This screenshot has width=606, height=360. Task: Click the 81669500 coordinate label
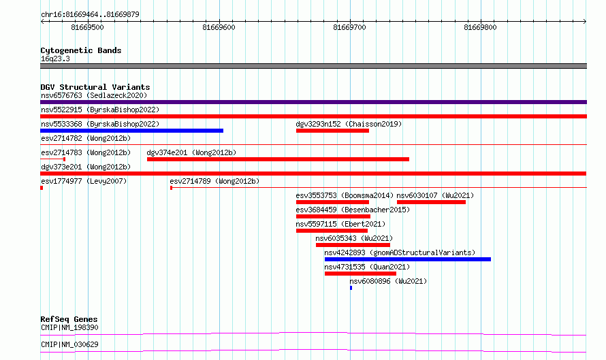pos(87,27)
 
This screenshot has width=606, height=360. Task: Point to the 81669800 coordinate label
pos(480,27)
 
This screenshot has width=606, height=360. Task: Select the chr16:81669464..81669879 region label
pos(90,15)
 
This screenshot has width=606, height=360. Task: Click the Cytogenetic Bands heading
pos(81,50)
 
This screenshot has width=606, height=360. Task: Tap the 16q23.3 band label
pos(55,59)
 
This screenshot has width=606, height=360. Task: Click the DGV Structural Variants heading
pos(95,87)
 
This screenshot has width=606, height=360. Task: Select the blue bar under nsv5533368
pos(132,131)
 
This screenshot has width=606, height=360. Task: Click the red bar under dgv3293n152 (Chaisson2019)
pos(332,131)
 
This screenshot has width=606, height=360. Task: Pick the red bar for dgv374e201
pos(278,159)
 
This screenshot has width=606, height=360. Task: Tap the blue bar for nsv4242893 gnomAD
pos(408,259)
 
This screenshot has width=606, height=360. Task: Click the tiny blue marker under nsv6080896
pos(351,288)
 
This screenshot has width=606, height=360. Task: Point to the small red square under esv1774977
pos(42,188)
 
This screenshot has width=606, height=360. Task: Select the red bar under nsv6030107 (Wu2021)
pos(431,202)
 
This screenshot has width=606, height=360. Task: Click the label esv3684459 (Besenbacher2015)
pos(353,210)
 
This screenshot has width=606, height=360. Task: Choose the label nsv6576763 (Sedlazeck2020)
pos(94,95)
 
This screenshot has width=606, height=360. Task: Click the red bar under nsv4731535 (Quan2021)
pos(361,274)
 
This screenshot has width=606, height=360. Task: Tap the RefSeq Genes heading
pos(69,319)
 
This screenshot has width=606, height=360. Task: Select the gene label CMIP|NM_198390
pos(69,327)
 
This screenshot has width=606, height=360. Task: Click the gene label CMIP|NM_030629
pos(69,344)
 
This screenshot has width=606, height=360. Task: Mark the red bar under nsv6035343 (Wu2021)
pos(353,245)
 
